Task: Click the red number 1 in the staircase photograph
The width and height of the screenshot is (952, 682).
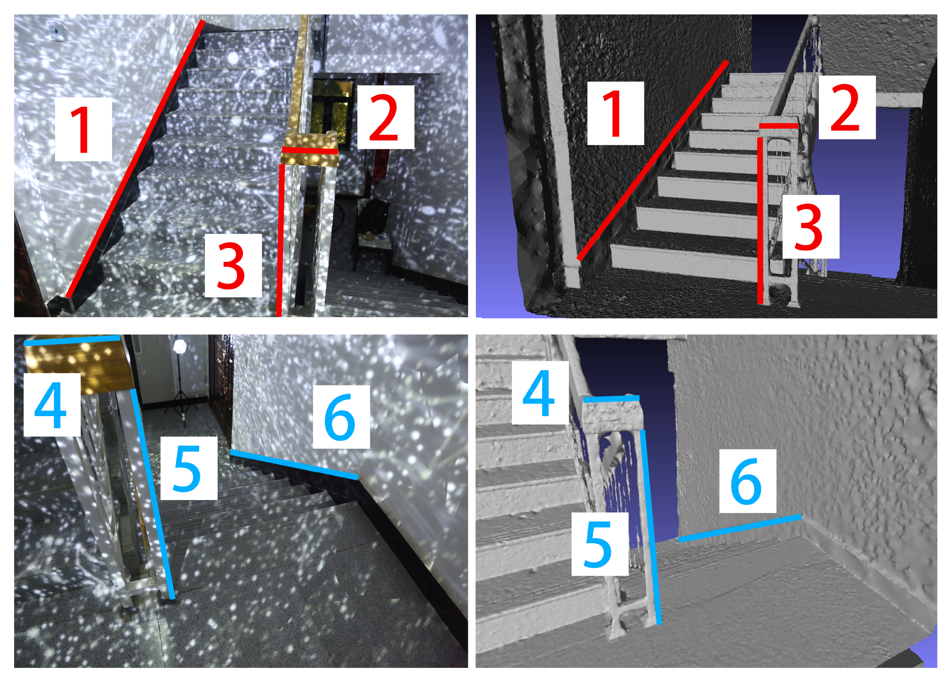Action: (83, 129)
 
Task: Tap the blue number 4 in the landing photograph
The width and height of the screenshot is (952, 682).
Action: (51, 404)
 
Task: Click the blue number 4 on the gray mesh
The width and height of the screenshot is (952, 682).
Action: (539, 393)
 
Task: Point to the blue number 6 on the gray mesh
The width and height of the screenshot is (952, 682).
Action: (746, 481)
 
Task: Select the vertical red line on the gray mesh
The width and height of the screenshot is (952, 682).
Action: (760, 220)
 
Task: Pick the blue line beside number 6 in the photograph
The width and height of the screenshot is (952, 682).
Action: (294, 464)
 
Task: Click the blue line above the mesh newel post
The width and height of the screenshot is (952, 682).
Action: (612, 399)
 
